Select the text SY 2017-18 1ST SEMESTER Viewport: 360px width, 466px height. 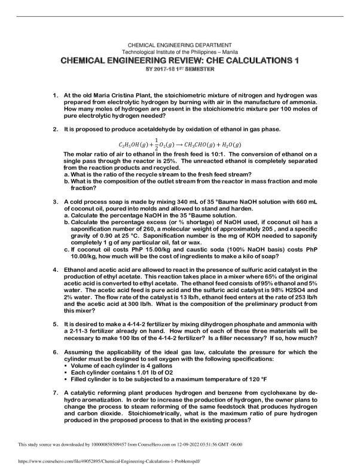[180, 70]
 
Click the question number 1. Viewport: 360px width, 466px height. [55, 95]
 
